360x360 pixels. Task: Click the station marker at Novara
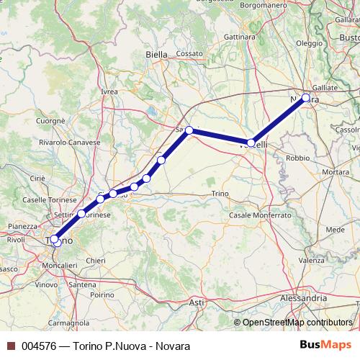306,97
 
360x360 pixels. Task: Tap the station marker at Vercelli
251,143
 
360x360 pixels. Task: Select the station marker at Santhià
189,130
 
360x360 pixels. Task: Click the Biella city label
156,54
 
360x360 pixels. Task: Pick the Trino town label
220,194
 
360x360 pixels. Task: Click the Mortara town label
336,172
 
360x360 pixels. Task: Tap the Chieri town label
96,260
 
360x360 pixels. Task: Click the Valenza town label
312,260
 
